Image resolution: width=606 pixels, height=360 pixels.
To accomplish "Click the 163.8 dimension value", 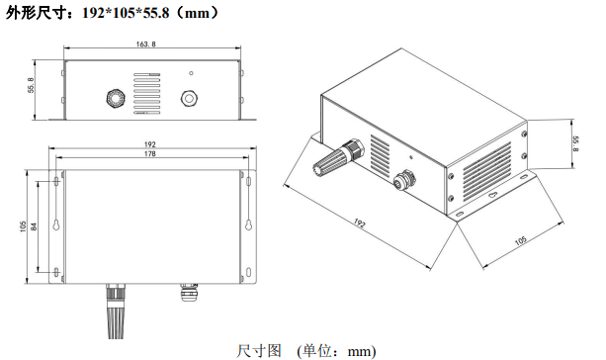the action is [x=145, y=45].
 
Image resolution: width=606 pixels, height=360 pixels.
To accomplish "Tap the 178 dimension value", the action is [x=149, y=154].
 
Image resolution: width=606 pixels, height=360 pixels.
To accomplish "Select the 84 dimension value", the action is [x=34, y=226].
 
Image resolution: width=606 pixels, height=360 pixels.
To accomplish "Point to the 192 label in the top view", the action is [x=150, y=144].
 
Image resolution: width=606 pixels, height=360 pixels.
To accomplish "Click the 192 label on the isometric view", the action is [x=359, y=224].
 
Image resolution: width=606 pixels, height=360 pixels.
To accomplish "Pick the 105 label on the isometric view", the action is [x=521, y=241].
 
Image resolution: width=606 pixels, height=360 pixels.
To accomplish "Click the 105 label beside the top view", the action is [x=23, y=226].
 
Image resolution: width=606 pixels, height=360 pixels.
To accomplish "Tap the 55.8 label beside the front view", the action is [x=31, y=85].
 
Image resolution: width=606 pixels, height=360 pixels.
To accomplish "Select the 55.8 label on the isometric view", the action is [x=575, y=143].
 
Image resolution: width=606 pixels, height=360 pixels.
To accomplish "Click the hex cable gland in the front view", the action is [x=116, y=98].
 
